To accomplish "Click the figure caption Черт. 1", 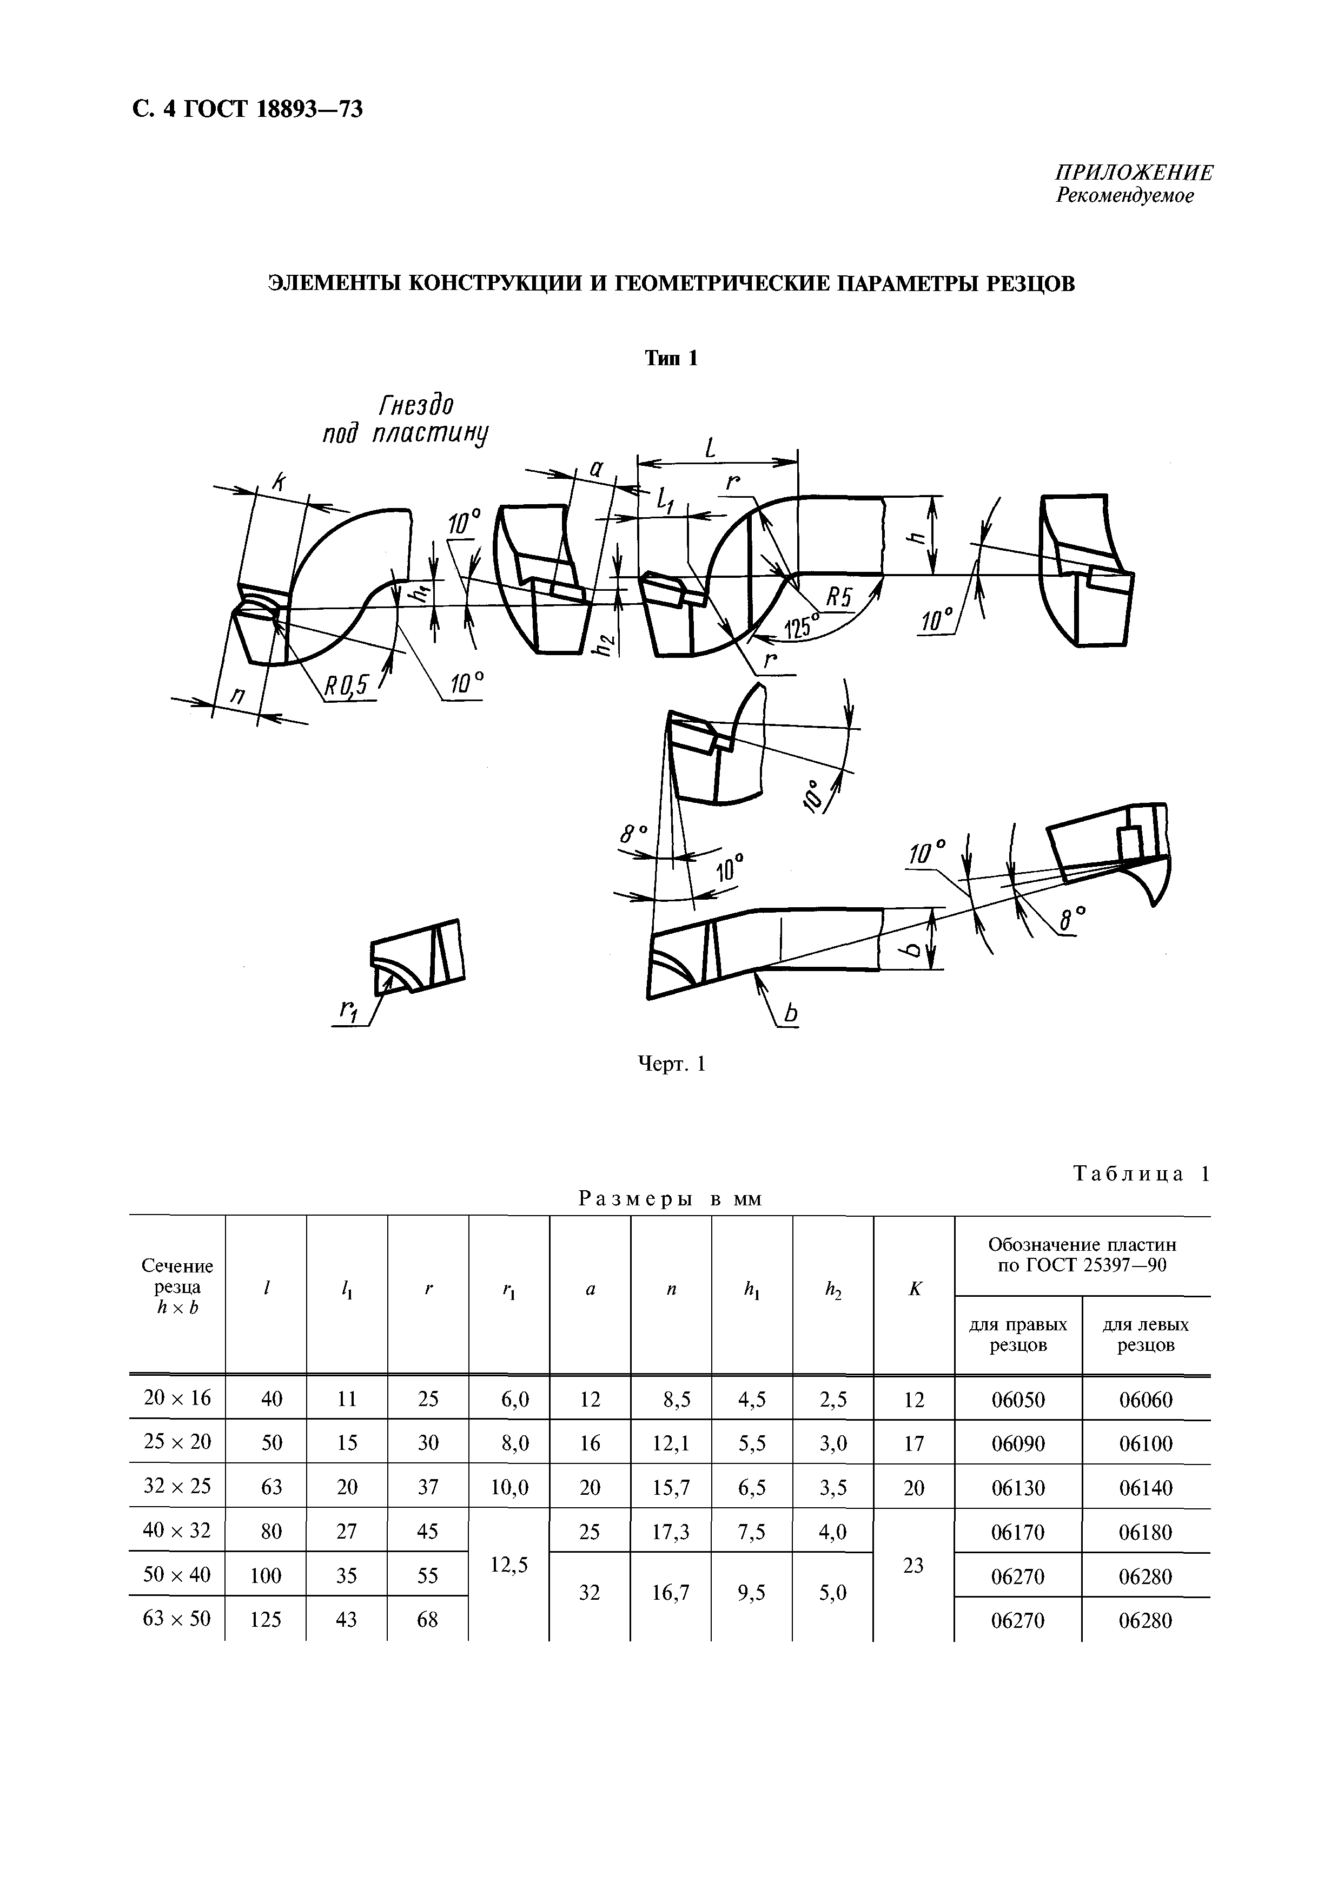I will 671,1064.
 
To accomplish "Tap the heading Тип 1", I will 671,358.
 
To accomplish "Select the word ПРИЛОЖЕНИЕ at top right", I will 1134,172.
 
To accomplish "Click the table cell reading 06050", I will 1018,1399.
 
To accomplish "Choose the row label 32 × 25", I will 177,1486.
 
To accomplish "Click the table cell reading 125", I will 266,1619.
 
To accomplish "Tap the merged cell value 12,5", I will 509,1564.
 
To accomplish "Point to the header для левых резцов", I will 1146,1335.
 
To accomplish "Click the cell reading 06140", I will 1146,1488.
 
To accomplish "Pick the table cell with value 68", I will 427,1619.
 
